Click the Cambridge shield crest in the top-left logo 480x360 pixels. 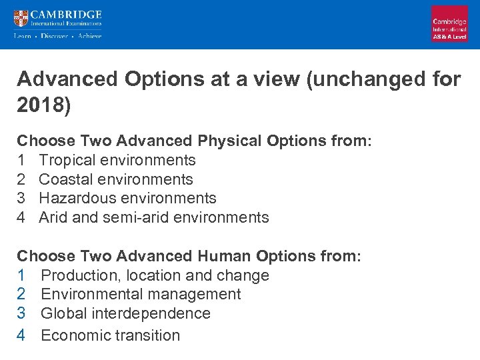(21, 17)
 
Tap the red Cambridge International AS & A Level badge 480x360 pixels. (449, 24)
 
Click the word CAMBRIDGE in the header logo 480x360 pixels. (66, 14)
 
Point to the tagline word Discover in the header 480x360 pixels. (54, 36)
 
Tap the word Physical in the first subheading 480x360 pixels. (229, 141)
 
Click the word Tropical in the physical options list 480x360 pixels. (68, 160)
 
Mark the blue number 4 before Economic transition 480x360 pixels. (21, 335)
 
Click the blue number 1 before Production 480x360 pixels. (21, 275)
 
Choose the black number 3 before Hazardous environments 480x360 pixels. (21, 198)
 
